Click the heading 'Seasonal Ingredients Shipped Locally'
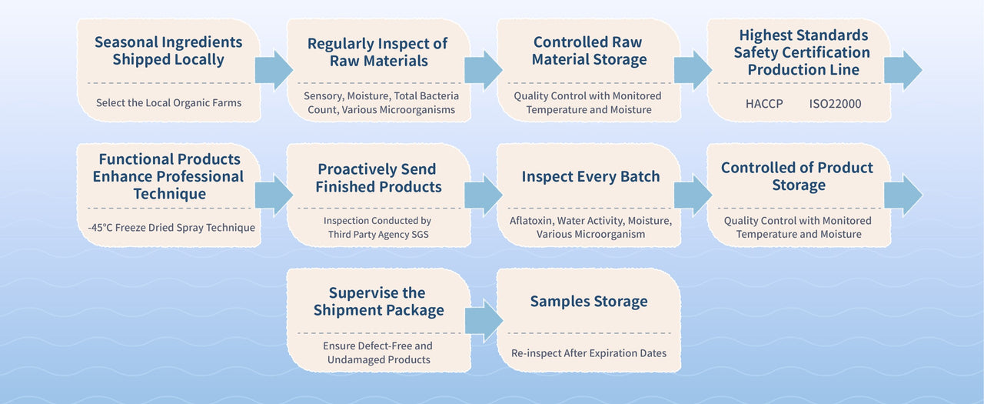[168, 51]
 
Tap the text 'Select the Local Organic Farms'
[168, 102]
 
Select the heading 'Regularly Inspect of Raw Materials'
[377, 52]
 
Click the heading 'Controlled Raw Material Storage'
[590, 51]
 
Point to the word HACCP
[764, 102]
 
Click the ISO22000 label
[835, 102]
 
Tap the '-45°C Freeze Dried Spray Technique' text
[171, 227]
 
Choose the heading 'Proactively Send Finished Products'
[378, 178]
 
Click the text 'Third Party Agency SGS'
[378, 234]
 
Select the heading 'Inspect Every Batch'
[590, 176]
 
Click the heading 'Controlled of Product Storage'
[797, 176]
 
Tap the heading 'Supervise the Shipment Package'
[378, 302]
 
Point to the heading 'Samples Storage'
[589, 302]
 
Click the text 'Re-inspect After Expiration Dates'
[589, 353]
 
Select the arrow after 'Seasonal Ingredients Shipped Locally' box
[273, 70]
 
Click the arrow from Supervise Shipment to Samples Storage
[483, 319]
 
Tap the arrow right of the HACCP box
[903, 70]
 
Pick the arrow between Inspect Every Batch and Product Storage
[693, 195]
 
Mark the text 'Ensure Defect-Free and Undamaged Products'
[377, 352]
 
